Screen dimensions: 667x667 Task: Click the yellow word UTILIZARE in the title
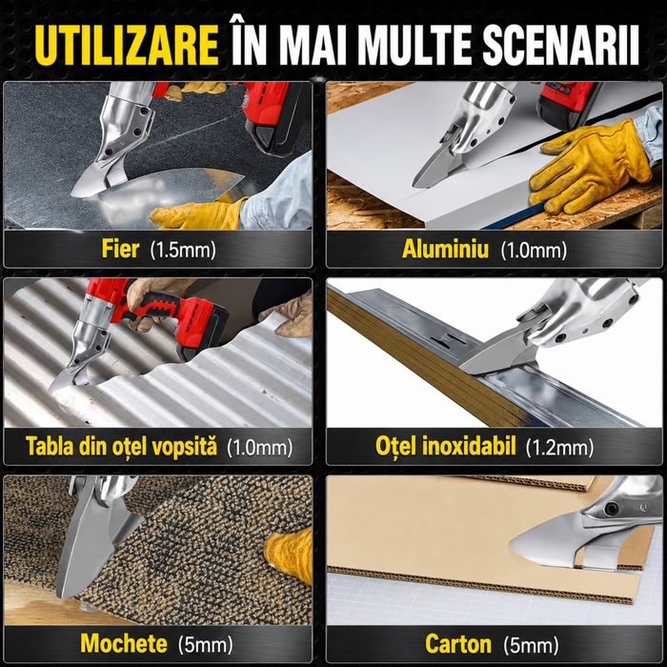[127, 45]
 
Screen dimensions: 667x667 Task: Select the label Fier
[120, 249]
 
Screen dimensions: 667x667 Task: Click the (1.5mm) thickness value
[183, 250]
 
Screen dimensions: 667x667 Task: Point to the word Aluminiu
[445, 249]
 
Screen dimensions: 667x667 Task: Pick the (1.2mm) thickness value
[559, 448]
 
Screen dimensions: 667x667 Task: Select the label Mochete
[124, 643]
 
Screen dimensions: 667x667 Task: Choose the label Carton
[458, 643]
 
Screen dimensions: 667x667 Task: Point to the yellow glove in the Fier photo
[198, 212]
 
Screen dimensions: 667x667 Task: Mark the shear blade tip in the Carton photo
[511, 545]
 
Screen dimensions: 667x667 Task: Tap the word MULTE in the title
[414, 45]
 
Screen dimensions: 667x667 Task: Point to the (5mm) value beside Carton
[531, 645]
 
